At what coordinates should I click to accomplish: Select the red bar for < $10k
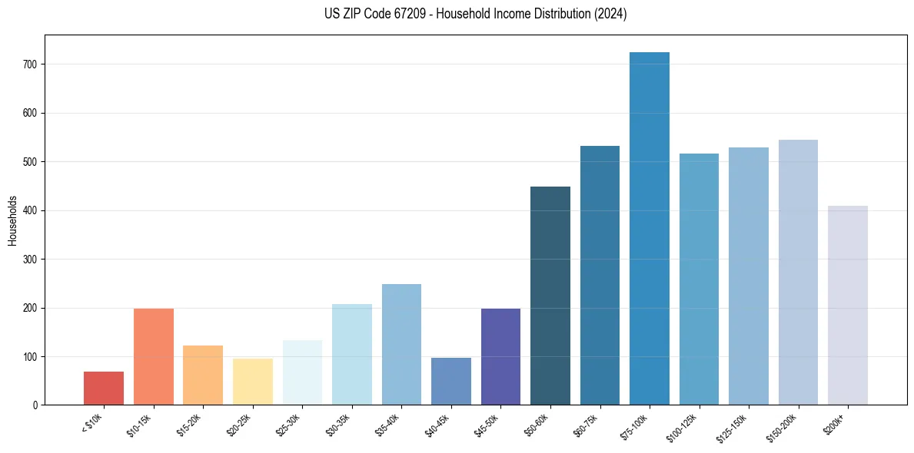coord(104,389)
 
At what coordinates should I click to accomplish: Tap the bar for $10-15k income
coord(154,357)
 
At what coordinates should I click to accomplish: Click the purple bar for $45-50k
coord(500,357)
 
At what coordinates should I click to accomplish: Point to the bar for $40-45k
coord(451,382)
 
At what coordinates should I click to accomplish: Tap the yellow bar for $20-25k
coord(253,382)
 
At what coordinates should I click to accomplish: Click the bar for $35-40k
coord(401,345)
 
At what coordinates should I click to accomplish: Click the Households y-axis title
coord(12,220)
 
